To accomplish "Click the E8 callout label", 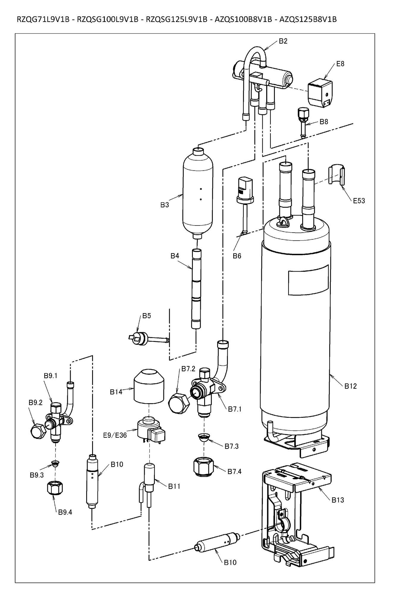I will pyautogui.click(x=340, y=64).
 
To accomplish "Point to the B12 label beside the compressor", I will pyautogui.click(x=350, y=386).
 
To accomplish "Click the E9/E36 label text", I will pyautogui.click(x=115, y=435).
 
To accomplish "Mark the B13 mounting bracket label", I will pyautogui.click(x=338, y=500).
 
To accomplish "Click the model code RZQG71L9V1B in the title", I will pyautogui.click(x=43, y=20).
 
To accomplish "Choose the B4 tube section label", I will pyautogui.click(x=175, y=256).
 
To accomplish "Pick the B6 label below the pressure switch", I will pyautogui.click(x=237, y=256).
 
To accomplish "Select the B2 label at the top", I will pyautogui.click(x=283, y=41).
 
